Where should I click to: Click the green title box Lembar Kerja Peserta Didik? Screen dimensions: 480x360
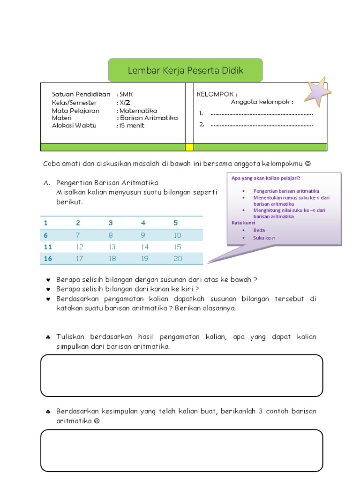coord(186,71)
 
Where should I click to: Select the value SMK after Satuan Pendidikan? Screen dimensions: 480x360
coord(127,95)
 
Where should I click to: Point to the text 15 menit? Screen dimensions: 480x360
coord(132,126)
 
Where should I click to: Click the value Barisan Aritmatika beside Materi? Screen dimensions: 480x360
coord(149,118)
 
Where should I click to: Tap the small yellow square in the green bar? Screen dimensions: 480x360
coord(189,147)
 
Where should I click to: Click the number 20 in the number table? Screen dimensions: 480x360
coord(178,259)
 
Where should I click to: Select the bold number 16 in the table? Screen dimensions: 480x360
coord(48,259)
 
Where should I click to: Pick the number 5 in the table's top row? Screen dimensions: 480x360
coord(176,223)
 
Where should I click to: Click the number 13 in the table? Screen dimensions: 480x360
coord(112,247)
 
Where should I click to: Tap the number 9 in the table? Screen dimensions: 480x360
coord(143,235)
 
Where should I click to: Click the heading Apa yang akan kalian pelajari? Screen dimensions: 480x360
coord(266,178)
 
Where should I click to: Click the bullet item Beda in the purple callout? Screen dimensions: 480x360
coord(259,231)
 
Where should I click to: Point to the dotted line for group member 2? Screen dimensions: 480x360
coord(262,125)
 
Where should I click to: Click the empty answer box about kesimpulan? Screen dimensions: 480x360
coord(182,375)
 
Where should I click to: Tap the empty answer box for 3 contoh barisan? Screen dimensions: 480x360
coord(182,450)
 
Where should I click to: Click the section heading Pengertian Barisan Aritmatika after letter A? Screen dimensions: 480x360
coord(107,183)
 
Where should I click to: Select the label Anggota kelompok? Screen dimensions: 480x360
coord(262,102)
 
